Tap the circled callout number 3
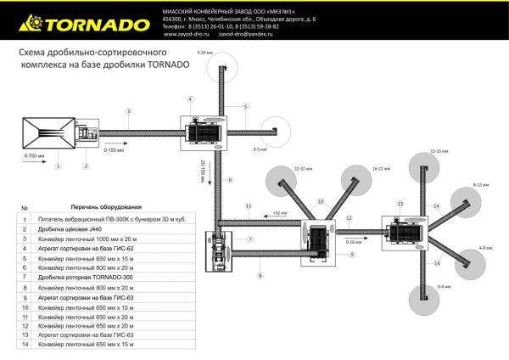[x=128, y=111]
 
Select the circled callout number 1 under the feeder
[x=58, y=166]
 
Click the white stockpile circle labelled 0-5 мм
[x=272, y=132]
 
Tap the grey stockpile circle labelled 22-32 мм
[x=282, y=181]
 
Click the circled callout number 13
[x=399, y=204]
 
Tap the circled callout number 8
[x=260, y=276]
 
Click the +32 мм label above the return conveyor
[x=276, y=212]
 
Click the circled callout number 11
[x=249, y=206]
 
